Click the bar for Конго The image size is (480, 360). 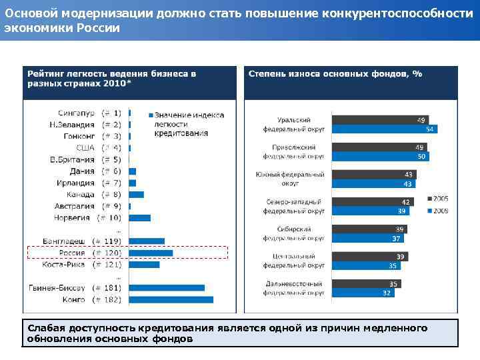pos(171,300)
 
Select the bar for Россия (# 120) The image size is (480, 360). pos(151,253)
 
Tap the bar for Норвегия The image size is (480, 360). pos(140,217)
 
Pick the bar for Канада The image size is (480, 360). pos(137,195)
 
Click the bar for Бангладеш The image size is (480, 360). pos(147,241)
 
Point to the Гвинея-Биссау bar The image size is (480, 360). pos(167,288)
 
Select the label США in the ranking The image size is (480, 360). pos(85,148)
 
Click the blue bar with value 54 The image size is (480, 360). pos(384,129)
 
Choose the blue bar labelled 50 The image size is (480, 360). pos(380,156)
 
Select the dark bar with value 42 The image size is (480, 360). pos(372,202)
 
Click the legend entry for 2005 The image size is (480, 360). pos(437,199)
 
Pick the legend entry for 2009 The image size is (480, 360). pos(437,211)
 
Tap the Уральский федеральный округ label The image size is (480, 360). pos(295,124)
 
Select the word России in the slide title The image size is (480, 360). pos(99,28)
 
